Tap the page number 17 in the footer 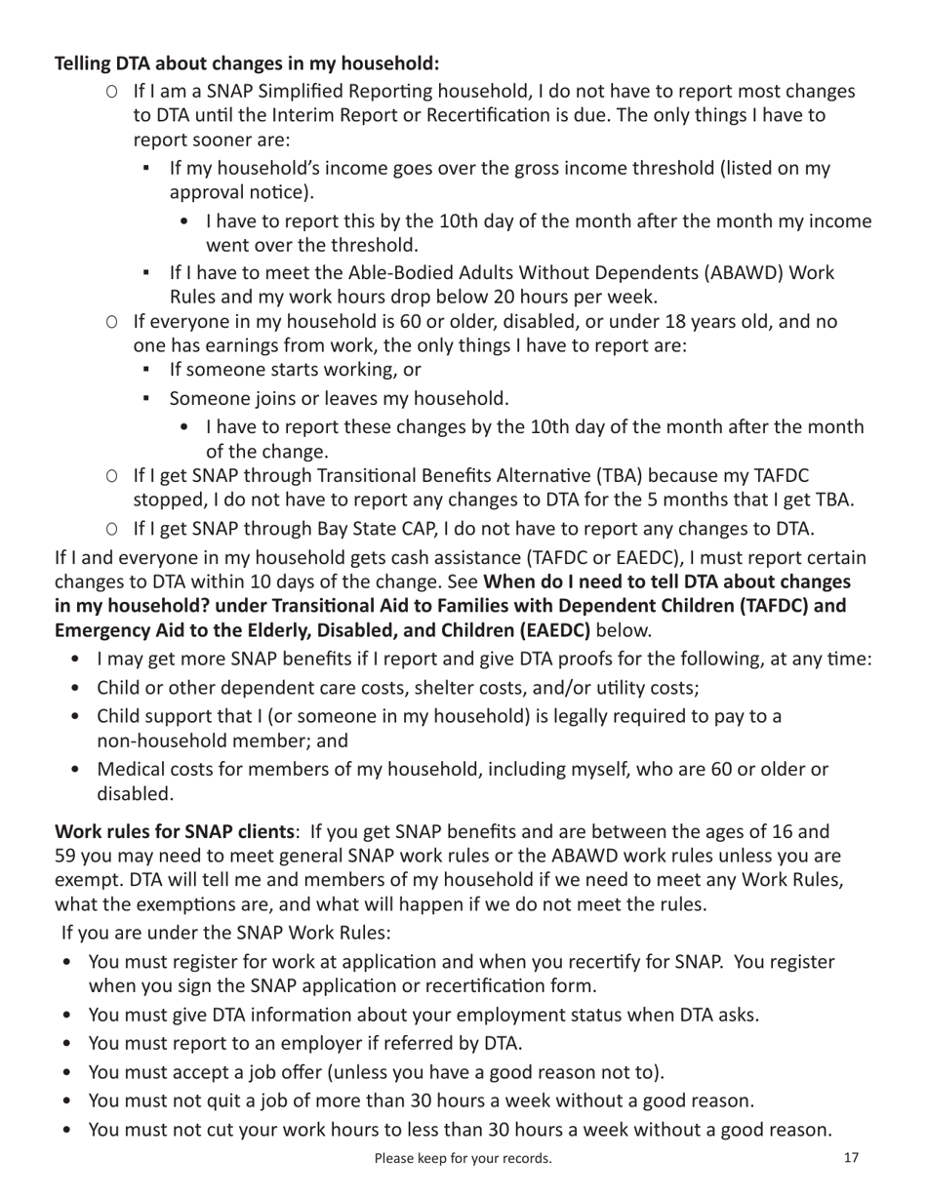pos(850,1158)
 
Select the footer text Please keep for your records pos(463,1159)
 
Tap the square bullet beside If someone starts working pos(146,372)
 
